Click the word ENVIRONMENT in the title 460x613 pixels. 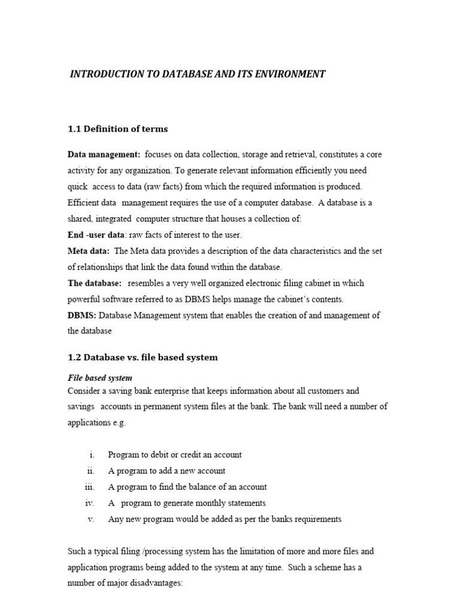289,74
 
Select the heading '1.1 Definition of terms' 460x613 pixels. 117,129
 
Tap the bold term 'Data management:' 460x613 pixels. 104,154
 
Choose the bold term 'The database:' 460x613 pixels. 95,283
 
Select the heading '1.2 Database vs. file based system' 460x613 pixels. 143,357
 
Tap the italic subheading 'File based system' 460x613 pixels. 100,378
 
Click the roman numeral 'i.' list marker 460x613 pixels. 92,455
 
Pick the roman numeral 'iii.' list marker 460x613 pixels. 90,487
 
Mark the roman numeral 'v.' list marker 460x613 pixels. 92,520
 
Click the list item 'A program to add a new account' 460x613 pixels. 167,471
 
